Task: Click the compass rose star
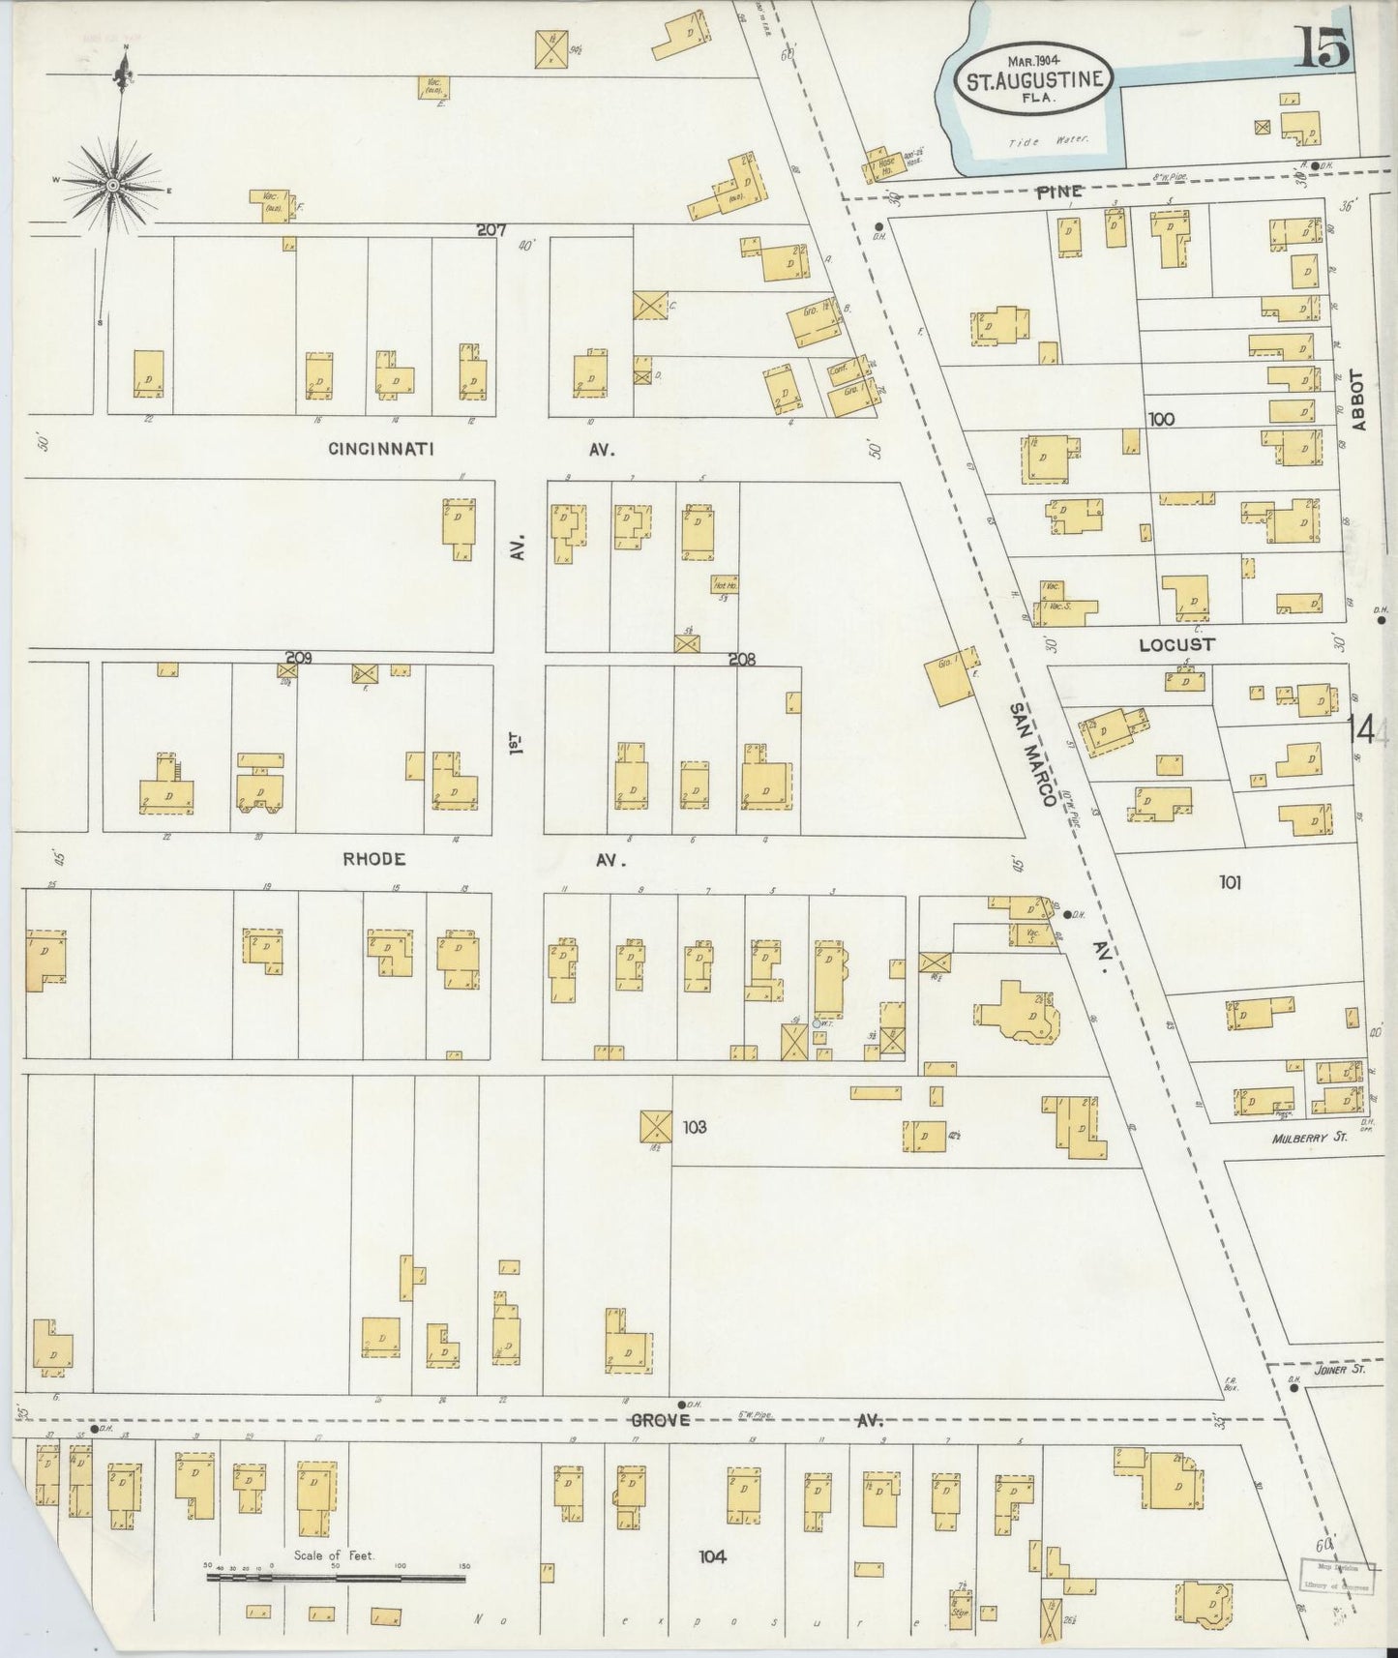[x=113, y=184]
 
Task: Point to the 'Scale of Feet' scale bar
[x=336, y=1579]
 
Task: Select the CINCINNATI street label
[x=380, y=449]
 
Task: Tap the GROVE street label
[x=662, y=1421]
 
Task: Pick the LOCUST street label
[x=1176, y=644]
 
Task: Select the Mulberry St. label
[x=1310, y=1139]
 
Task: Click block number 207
[x=492, y=230]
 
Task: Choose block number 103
[x=695, y=1127]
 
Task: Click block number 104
[x=712, y=1556]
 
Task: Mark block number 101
[x=1230, y=881]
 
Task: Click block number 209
[x=298, y=658]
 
